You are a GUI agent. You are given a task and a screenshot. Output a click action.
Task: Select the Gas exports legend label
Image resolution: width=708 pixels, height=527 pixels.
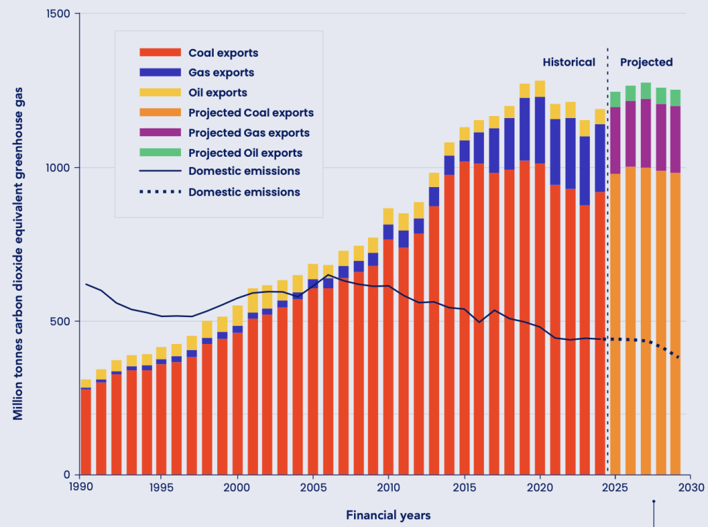tap(221, 73)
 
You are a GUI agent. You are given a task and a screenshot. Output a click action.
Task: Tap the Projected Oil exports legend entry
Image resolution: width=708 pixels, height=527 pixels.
tap(245, 153)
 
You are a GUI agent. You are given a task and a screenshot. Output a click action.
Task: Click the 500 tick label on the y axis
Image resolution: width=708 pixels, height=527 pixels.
tap(62, 321)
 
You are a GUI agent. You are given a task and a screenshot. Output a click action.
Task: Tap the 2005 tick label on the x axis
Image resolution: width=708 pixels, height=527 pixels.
tap(313, 486)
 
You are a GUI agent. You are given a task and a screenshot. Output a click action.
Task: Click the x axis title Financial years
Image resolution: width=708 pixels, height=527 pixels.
tap(388, 515)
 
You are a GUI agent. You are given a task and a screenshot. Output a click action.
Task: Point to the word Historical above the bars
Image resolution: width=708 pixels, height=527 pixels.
tap(568, 62)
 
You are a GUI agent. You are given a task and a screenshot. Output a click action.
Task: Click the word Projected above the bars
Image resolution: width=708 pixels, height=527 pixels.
tap(646, 62)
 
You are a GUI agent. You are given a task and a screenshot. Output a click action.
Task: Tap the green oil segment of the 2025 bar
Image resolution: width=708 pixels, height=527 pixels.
tap(615, 99)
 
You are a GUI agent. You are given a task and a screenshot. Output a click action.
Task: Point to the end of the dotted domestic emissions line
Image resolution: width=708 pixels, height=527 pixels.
tap(679, 358)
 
